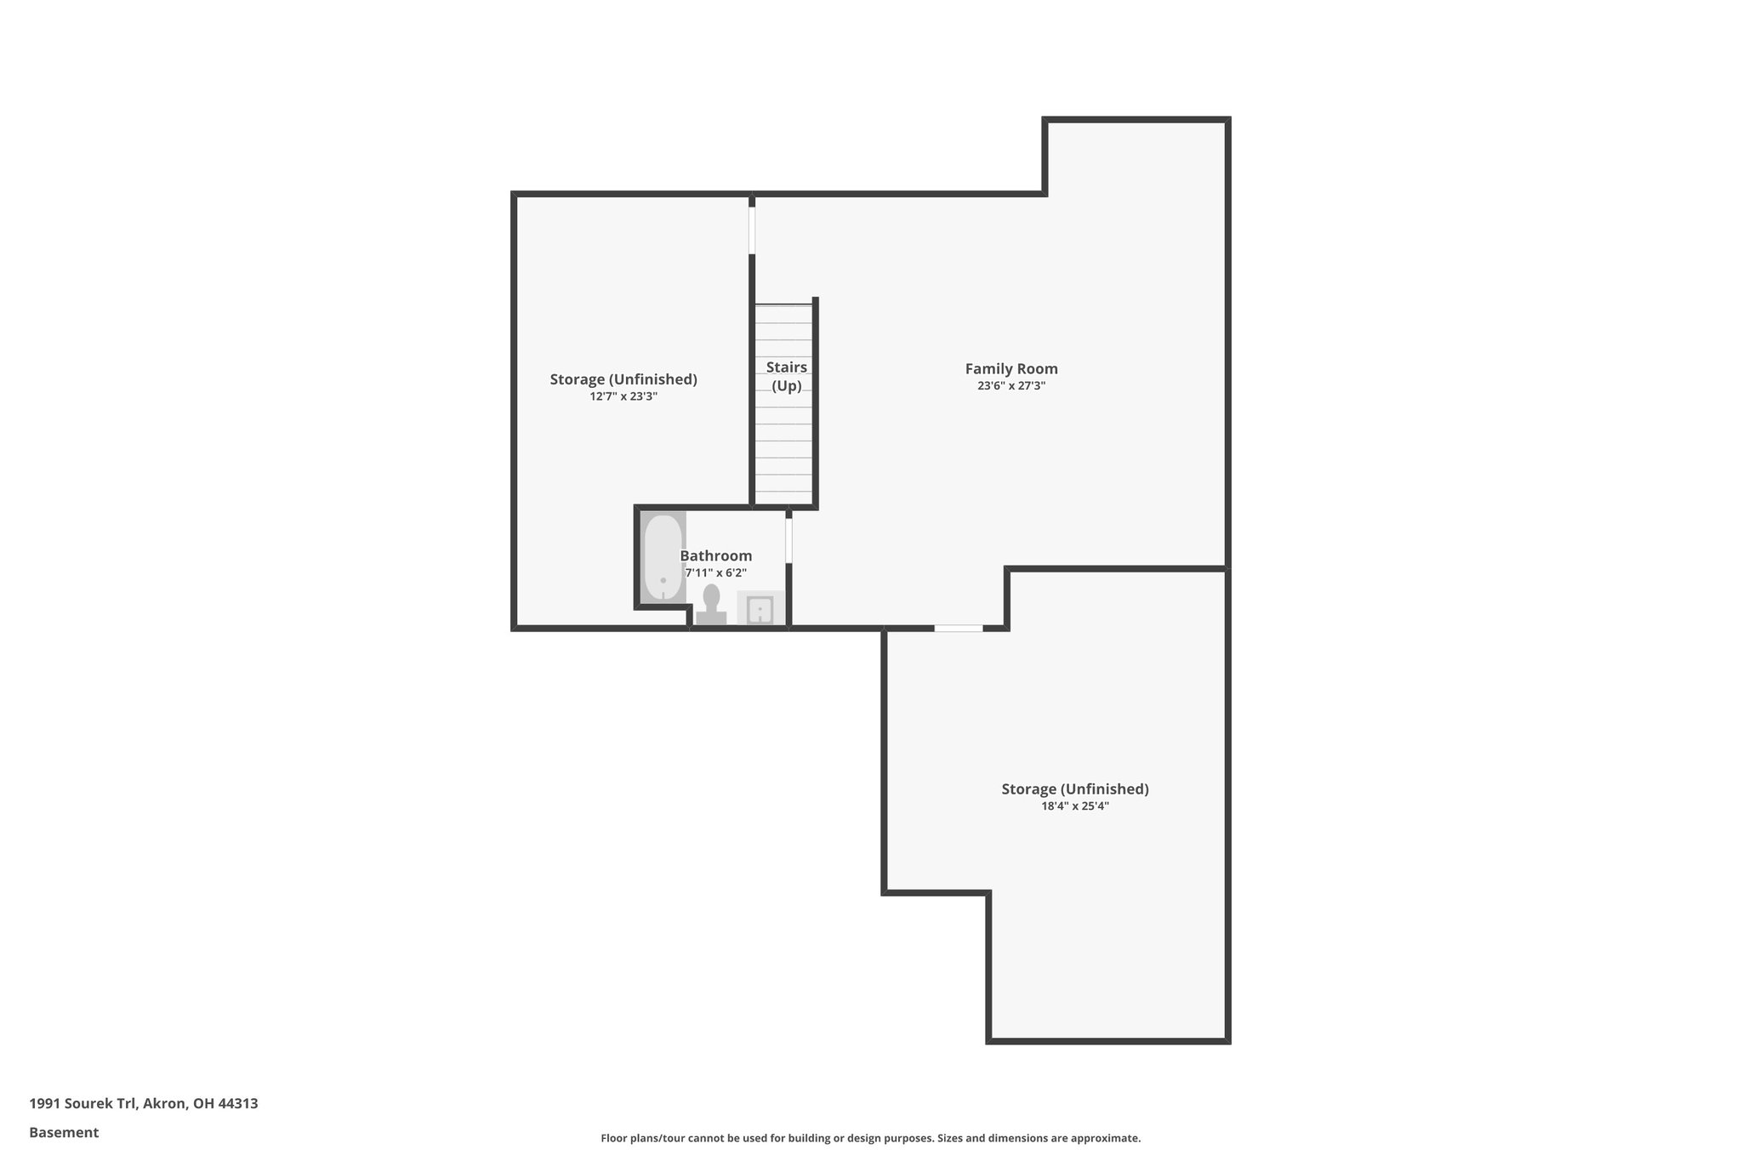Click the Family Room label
pyautogui.click(x=1010, y=368)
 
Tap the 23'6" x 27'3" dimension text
pyautogui.click(x=1010, y=386)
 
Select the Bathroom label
pyautogui.click(x=715, y=556)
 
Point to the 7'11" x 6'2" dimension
pyautogui.click(x=715, y=573)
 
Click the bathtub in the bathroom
pyautogui.click(x=663, y=557)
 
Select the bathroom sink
pyautogui.click(x=760, y=609)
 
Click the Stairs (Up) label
pyautogui.click(x=786, y=376)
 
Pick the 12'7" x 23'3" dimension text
pyautogui.click(x=623, y=396)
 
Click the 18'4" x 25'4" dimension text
pyautogui.click(x=1074, y=806)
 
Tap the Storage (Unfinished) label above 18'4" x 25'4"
pyautogui.click(x=1074, y=788)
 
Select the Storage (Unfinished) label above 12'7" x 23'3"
pyautogui.click(x=623, y=379)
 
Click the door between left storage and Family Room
pyautogui.click(x=752, y=230)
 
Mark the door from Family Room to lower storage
pyautogui.click(x=958, y=629)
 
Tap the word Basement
pyautogui.click(x=64, y=1132)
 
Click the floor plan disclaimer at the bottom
pyautogui.click(x=870, y=1138)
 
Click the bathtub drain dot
pyautogui.click(x=663, y=580)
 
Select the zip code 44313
pyautogui.click(x=238, y=1103)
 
